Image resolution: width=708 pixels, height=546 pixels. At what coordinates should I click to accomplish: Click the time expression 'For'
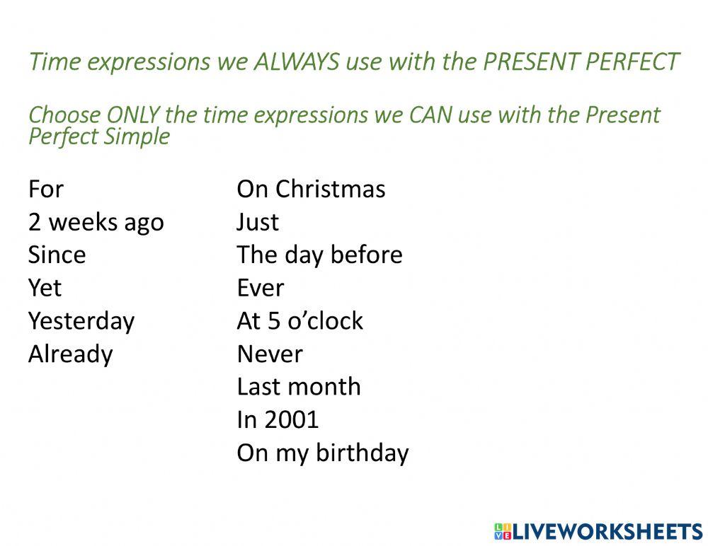(46, 190)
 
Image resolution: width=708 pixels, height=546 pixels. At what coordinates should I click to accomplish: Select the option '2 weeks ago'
(96, 223)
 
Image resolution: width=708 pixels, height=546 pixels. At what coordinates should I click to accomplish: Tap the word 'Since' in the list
(57, 255)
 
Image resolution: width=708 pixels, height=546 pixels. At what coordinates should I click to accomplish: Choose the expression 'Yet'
(45, 288)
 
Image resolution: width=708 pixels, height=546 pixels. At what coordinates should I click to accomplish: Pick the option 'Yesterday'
(81, 321)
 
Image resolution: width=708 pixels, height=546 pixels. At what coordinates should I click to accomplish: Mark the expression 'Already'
(70, 354)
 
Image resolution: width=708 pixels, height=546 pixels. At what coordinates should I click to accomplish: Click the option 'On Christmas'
(311, 190)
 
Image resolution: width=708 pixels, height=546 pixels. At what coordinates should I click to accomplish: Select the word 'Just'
(258, 223)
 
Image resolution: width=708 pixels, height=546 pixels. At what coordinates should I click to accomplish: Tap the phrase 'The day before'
(319, 255)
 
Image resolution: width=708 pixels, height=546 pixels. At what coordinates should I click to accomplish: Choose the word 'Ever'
(260, 288)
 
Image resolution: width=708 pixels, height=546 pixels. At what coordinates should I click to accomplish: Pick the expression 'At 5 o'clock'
(299, 321)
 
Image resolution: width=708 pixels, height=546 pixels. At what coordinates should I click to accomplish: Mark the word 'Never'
(269, 354)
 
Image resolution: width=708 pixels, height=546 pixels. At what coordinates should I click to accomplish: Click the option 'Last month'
(298, 387)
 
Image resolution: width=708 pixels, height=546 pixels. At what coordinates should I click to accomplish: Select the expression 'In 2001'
(278, 420)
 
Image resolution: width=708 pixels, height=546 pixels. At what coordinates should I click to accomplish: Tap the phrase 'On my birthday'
(322, 453)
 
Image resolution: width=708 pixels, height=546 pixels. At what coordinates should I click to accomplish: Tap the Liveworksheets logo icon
(502, 531)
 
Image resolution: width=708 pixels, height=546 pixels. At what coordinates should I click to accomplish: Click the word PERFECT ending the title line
(632, 62)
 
